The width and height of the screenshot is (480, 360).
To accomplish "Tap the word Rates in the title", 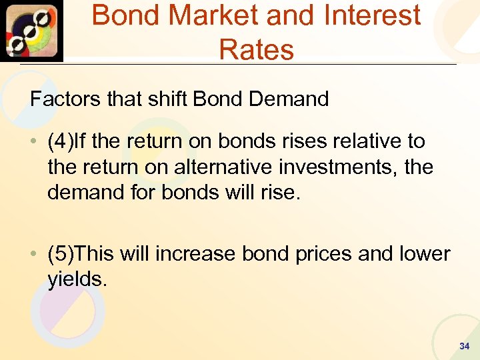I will pos(256,50).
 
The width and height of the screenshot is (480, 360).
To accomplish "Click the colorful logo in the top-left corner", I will pos(32,31).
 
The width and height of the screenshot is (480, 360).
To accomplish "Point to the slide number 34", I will pos(465,347).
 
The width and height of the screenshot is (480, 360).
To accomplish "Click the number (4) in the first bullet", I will pos(60,141).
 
